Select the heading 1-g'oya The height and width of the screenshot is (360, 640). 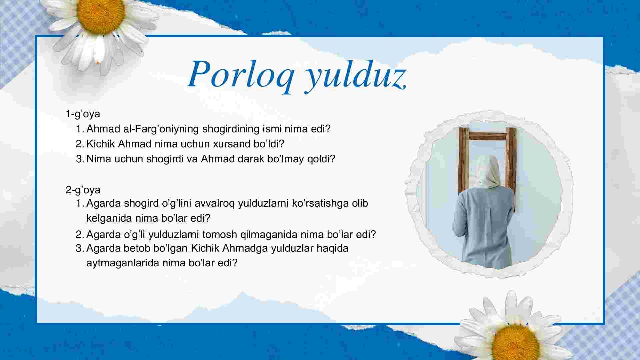[x=83, y=114]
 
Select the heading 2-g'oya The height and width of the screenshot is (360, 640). [x=83, y=190]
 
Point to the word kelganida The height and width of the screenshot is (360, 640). [x=109, y=218]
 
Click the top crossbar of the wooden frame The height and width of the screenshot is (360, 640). [x=488, y=136]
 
